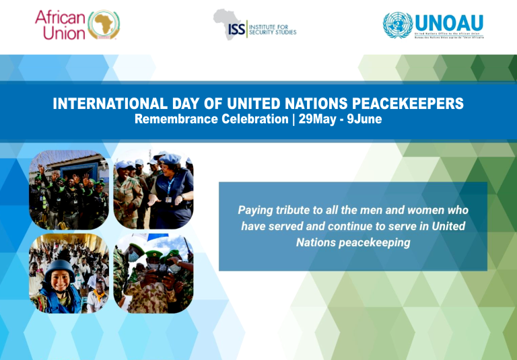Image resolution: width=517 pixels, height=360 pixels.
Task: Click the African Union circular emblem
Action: [x=104, y=25]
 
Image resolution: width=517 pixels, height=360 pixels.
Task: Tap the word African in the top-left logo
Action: [x=61, y=17]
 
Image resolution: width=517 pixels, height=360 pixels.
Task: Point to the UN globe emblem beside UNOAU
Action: [x=398, y=26]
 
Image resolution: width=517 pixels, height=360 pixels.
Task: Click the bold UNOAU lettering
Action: [x=449, y=21]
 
